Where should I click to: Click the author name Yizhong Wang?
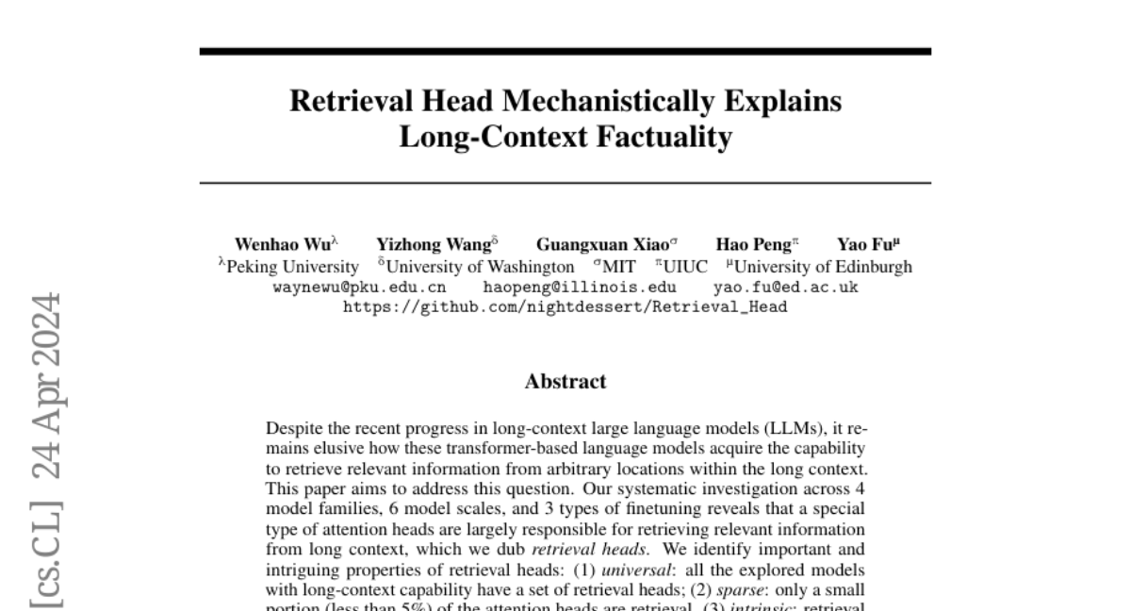point(433,245)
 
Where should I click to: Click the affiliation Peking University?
point(292,267)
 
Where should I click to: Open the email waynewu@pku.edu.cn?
point(359,287)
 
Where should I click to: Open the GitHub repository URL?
point(565,306)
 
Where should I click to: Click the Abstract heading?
point(565,382)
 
